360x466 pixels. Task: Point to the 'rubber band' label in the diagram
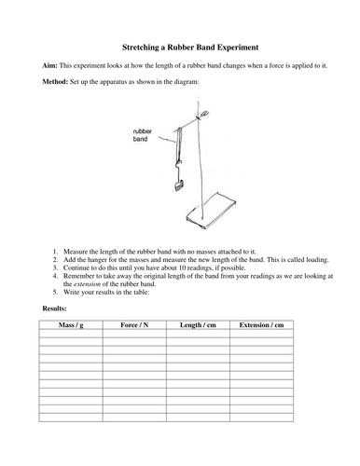click(x=139, y=137)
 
